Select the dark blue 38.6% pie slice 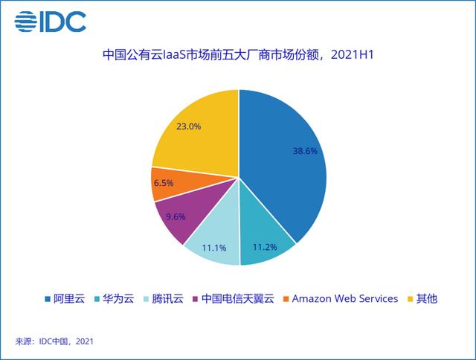click(x=286, y=160)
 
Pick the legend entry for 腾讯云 click(x=162, y=299)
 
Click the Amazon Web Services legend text click(x=344, y=299)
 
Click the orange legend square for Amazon click(x=286, y=299)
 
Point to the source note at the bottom click(x=54, y=341)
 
